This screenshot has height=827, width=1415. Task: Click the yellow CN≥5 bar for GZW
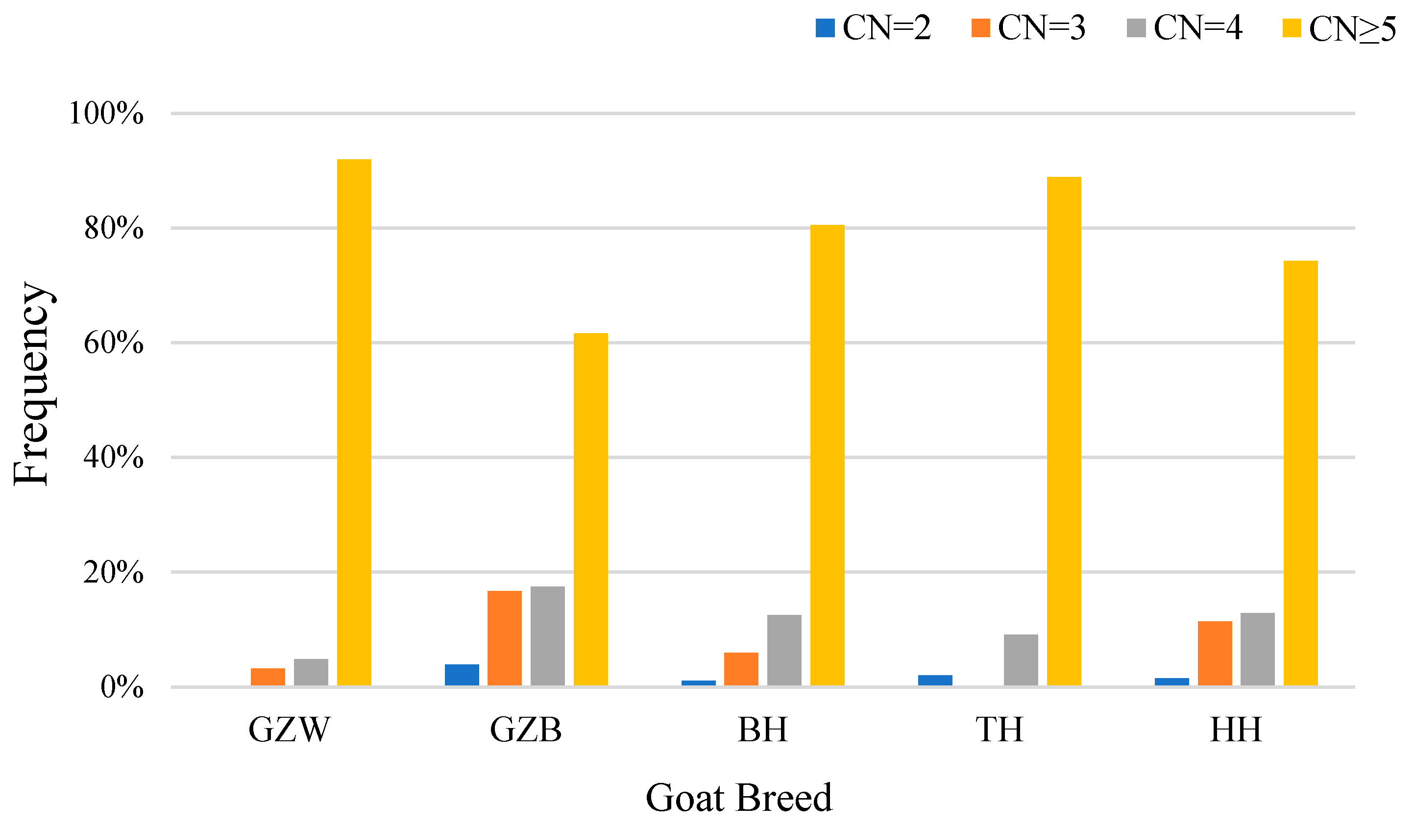pos(354,422)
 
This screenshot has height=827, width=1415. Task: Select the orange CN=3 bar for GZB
pos(504,638)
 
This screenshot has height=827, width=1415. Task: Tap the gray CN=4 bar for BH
pos(784,650)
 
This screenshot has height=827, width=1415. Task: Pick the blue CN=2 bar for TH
pos(935,680)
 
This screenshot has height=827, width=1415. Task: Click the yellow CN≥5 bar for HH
pos(1300,473)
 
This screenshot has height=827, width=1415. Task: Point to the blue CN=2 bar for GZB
pos(462,675)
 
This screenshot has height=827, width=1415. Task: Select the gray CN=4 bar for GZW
pos(311,672)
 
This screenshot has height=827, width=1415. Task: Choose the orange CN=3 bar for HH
pos(1215,654)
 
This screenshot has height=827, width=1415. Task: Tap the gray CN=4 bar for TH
pos(1021,660)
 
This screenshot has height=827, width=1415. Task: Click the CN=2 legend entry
pos(873,27)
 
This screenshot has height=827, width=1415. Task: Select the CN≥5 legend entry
pos(1339,28)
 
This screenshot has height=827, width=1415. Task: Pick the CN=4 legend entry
pos(1184,27)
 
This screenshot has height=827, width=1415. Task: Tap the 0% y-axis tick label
pos(122,687)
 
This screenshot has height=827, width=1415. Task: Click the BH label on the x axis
pos(762,730)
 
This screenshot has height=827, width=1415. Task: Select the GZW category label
pos(289,730)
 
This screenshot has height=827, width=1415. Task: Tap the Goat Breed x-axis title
pos(738,798)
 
